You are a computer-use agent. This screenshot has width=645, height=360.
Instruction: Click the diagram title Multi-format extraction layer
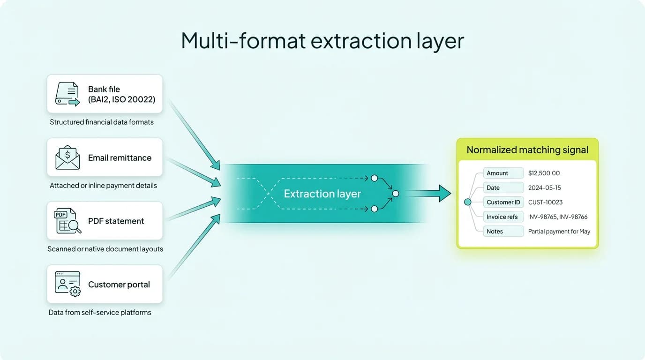(322, 40)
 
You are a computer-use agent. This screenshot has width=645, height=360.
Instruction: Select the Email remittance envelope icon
(67, 157)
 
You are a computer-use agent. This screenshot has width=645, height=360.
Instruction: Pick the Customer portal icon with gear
(67, 284)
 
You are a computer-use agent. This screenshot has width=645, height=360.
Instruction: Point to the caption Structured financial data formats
(102, 122)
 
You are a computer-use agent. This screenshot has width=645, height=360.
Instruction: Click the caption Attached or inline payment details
(103, 185)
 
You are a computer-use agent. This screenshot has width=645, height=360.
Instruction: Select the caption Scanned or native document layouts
(105, 249)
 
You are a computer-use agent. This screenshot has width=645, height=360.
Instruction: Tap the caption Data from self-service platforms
(100, 312)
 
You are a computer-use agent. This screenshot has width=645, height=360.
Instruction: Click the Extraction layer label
(322, 194)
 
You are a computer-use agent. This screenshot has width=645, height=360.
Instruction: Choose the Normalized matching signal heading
(527, 150)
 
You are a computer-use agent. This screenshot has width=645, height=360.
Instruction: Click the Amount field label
(497, 173)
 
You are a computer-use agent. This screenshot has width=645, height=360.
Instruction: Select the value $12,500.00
(544, 173)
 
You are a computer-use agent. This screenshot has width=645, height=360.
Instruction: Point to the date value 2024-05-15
(544, 187)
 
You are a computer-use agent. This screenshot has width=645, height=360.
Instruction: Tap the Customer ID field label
(503, 202)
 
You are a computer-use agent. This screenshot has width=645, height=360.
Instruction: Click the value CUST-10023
(545, 202)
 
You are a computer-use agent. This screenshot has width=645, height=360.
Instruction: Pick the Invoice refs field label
(502, 217)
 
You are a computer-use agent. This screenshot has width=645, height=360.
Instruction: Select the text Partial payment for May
(559, 231)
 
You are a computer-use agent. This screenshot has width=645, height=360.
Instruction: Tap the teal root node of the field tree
(467, 202)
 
